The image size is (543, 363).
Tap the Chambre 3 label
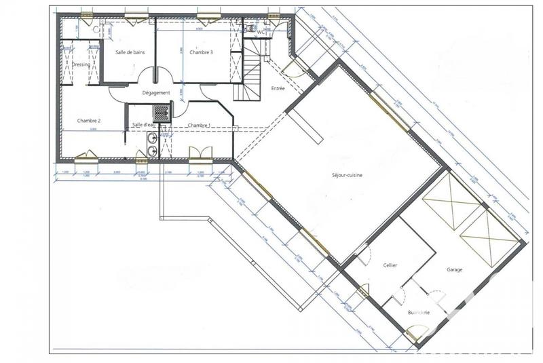pos(201,52)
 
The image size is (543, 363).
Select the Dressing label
pos(81,65)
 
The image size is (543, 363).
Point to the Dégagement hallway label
pos(155,93)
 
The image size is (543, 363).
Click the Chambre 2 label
pos(89,121)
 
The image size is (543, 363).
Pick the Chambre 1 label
pos(199,125)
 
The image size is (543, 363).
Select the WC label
pos(261,31)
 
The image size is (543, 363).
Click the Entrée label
pos(278,89)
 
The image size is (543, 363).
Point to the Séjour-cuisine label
pos(346,176)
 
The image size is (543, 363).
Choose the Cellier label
pos(390,265)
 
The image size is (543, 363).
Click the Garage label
pos(454,269)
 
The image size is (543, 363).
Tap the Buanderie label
pos(418,312)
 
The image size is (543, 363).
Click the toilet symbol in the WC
pos(248,31)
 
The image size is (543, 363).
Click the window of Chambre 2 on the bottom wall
pos(86,157)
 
